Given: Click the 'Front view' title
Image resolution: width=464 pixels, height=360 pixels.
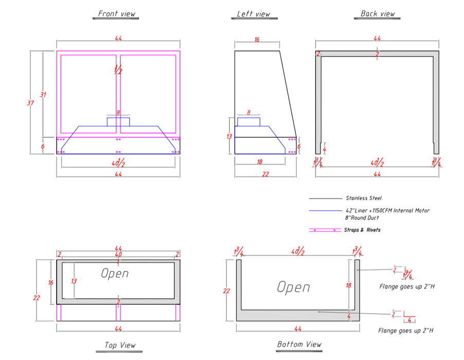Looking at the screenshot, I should (117, 13).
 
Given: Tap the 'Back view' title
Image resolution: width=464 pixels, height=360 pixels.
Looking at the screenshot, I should (378, 13).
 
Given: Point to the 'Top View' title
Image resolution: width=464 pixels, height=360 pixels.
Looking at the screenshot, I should (120, 345).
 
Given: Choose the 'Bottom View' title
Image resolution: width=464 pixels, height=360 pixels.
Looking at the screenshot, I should (299, 344).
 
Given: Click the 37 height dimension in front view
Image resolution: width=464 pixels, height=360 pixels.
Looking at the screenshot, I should (30, 103).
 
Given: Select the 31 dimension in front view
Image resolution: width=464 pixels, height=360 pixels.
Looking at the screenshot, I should (43, 95).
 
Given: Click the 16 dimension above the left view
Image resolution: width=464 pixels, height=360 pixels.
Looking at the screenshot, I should (257, 40).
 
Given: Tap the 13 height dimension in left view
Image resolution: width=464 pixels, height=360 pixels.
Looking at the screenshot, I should (229, 136).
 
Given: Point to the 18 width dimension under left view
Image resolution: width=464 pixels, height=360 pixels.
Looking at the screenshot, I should (260, 161).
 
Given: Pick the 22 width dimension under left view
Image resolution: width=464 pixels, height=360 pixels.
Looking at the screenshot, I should (265, 174).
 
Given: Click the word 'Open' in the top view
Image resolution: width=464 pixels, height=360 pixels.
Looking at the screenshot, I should (115, 274).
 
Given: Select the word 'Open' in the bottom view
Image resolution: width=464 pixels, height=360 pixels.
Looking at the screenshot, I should (293, 287).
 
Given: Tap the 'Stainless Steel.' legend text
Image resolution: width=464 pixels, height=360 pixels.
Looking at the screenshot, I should (364, 198).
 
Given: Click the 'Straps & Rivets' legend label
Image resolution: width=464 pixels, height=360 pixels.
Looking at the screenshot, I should (362, 230).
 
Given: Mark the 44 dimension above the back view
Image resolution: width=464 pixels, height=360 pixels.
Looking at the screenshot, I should (377, 39).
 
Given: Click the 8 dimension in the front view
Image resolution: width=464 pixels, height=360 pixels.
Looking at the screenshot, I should (118, 112).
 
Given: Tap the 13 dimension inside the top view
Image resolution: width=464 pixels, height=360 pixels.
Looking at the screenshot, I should (74, 281).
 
